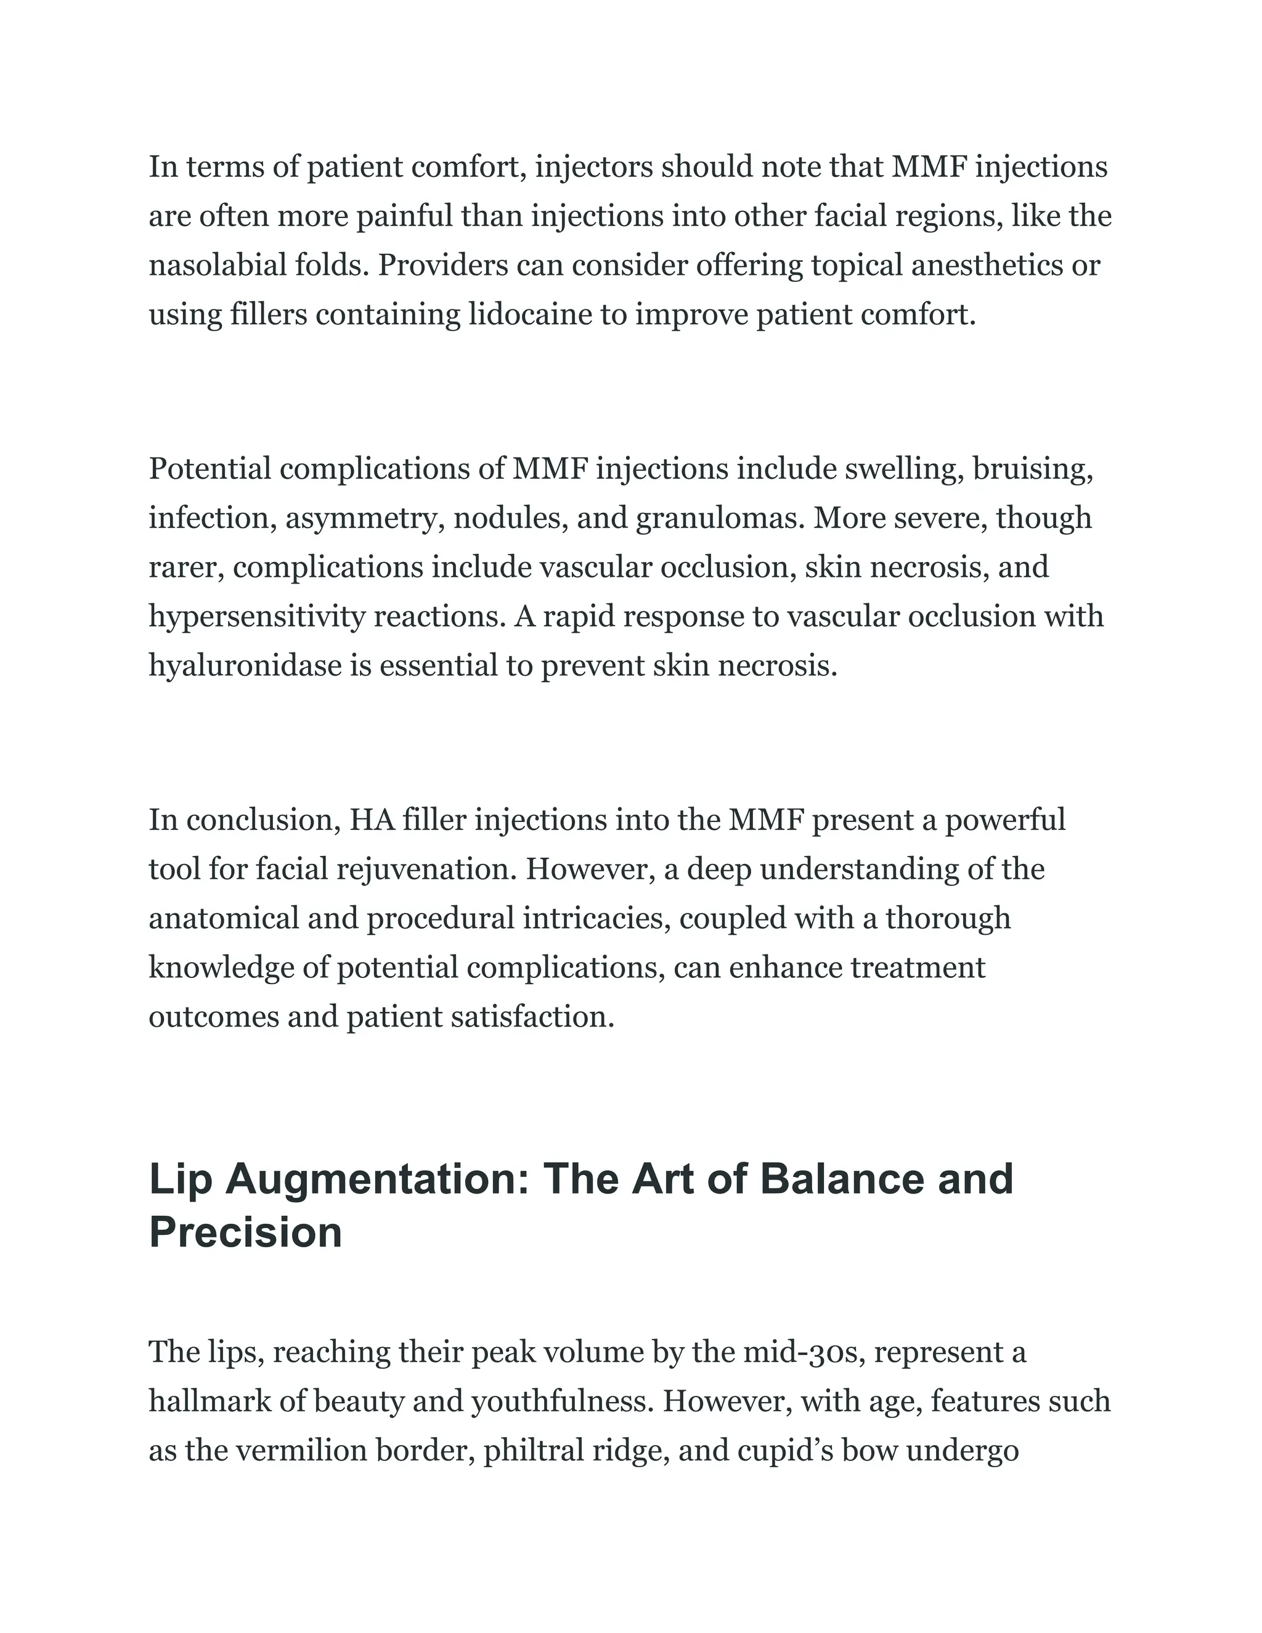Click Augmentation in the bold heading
[378, 1181]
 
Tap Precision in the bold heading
[245, 1233]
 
